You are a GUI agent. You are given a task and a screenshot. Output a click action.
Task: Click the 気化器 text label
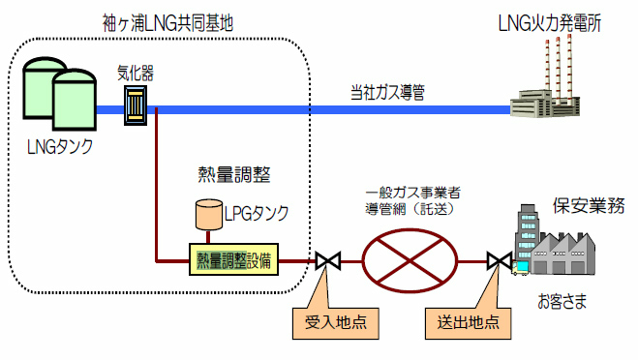(x=135, y=73)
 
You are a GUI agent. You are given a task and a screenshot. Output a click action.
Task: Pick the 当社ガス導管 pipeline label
(x=387, y=94)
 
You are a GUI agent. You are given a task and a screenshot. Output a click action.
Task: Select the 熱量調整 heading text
(x=232, y=175)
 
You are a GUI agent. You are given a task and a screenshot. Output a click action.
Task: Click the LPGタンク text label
(x=255, y=211)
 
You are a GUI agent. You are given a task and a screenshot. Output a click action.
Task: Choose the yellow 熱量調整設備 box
(x=233, y=259)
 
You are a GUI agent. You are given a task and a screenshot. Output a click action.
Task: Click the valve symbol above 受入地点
(x=327, y=260)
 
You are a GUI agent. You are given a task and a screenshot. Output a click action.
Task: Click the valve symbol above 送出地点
(x=500, y=260)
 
